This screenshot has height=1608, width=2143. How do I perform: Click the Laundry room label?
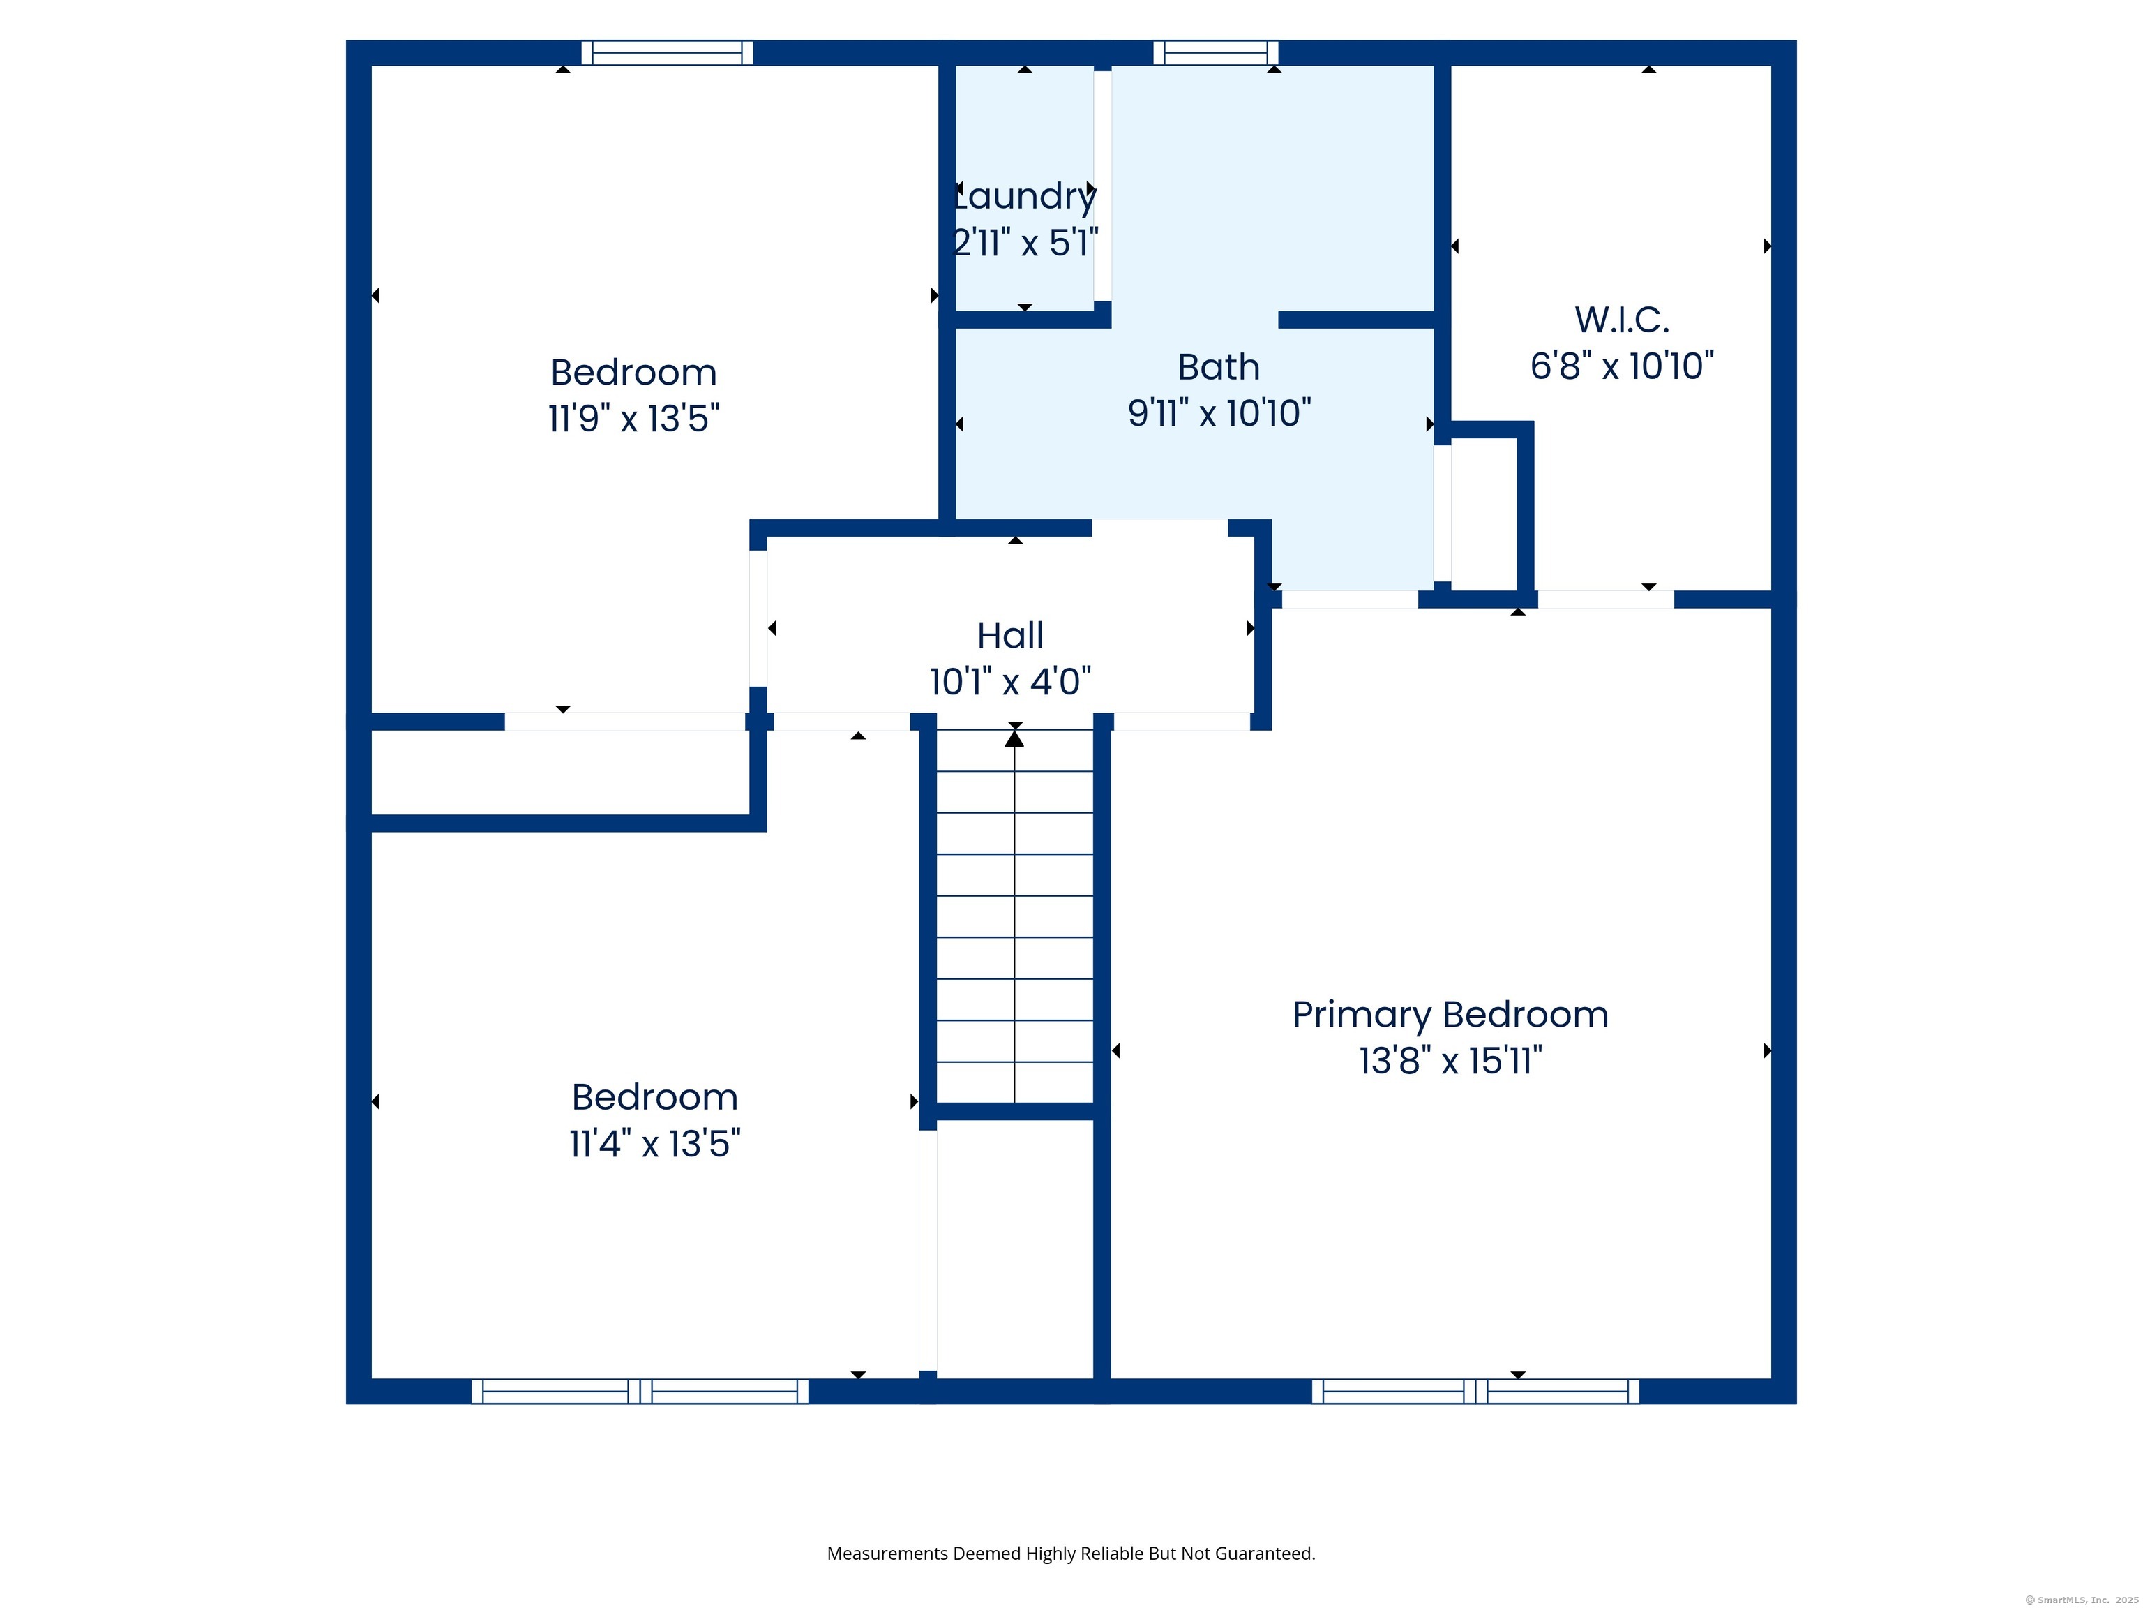pyautogui.click(x=1025, y=198)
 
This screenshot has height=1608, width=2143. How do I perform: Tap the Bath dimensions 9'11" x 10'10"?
pyautogui.click(x=1219, y=414)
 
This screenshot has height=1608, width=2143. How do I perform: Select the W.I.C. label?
pyautogui.click(x=1622, y=320)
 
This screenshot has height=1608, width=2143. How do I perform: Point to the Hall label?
pyautogui.click(x=1011, y=636)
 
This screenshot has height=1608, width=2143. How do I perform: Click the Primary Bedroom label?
pyautogui.click(x=1450, y=1015)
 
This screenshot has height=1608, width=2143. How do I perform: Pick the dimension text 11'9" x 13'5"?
pyautogui.click(x=633, y=419)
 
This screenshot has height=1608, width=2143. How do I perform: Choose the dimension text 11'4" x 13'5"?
pyautogui.click(x=655, y=1144)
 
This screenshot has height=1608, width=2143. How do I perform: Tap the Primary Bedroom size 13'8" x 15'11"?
pyautogui.click(x=1450, y=1062)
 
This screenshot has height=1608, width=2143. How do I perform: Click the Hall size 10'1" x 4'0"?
pyautogui.click(x=1011, y=683)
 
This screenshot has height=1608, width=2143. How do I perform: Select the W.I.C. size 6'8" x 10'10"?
pyautogui.click(x=1622, y=366)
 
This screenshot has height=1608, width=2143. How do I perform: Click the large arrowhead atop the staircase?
pyautogui.click(x=1014, y=738)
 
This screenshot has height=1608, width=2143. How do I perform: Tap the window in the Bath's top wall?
pyautogui.click(x=1216, y=52)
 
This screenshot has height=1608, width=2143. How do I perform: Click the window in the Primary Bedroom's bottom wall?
pyautogui.click(x=1475, y=1391)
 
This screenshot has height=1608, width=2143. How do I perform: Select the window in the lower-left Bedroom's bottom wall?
pyautogui.click(x=640, y=1391)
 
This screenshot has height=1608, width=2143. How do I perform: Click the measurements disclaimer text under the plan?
pyautogui.click(x=1071, y=1554)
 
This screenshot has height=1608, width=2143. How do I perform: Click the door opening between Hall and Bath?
pyautogui.click(x=1159, y=528)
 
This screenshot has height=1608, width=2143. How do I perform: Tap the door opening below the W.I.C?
pyautogui.click(x=1605, y=599)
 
